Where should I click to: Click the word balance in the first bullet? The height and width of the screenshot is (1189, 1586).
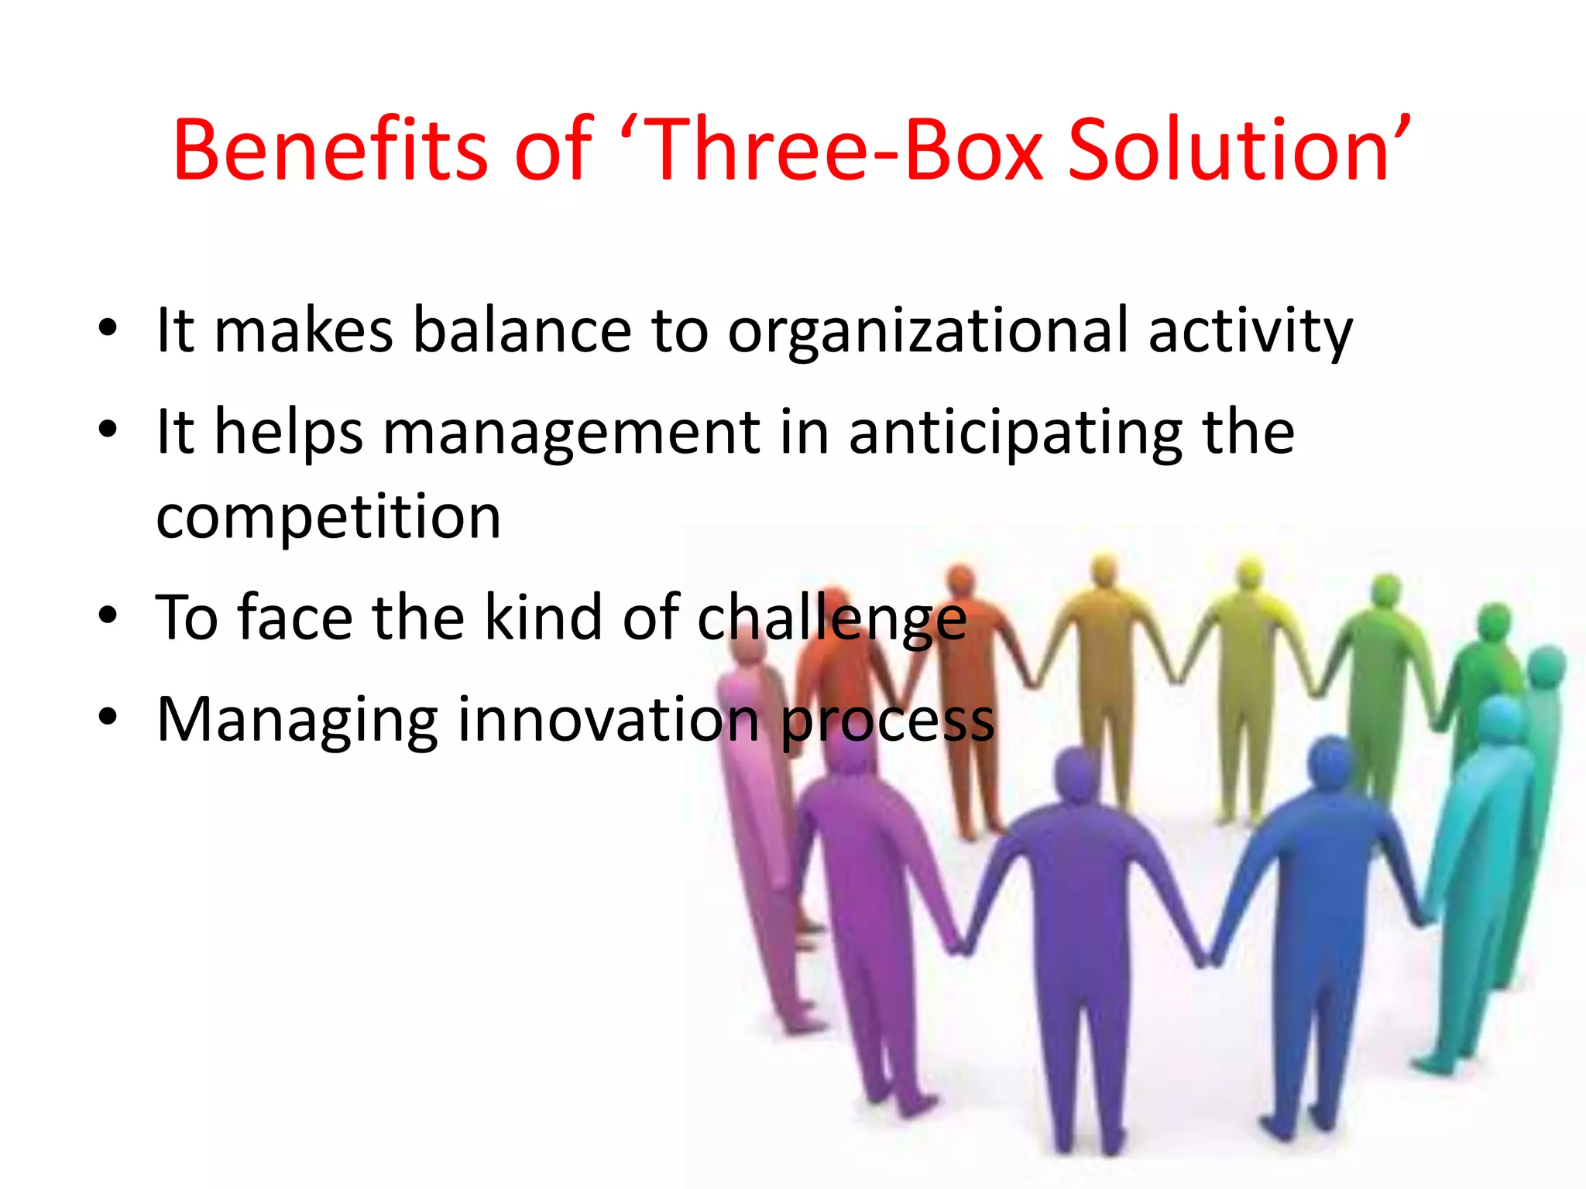pos(523,331)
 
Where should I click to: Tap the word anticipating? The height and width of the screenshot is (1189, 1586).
pos(1015,434)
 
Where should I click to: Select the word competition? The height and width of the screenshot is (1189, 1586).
pos(328,517)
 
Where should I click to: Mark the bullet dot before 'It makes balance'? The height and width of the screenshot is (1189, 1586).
pos(108,329)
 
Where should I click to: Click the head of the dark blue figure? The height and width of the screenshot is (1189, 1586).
pos(1331,762)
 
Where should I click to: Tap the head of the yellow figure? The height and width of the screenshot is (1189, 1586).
pos(1248,574)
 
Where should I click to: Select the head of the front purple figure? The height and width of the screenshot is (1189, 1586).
pos(1077,774)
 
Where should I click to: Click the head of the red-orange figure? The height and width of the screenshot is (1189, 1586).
pos(960,581)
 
